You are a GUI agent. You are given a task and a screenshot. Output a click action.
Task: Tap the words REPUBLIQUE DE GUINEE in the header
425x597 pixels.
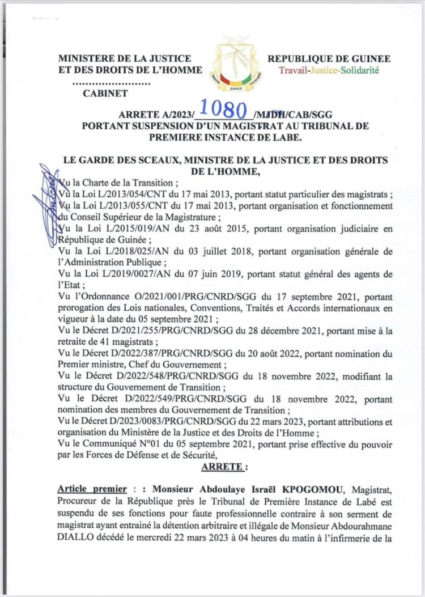tap(329, 58)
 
